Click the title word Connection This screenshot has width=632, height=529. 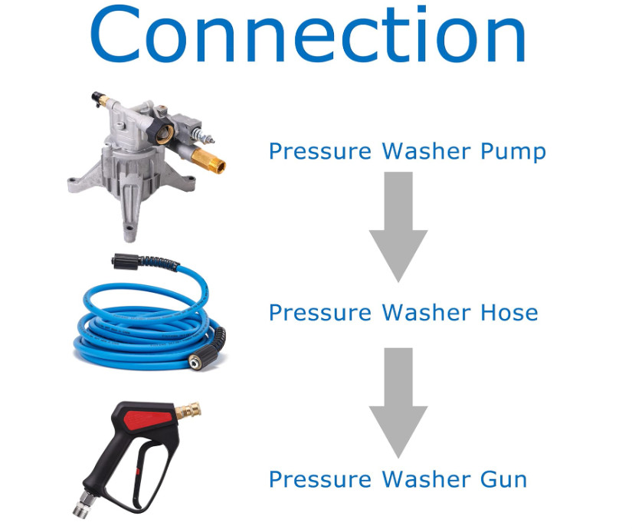tap(308, 34)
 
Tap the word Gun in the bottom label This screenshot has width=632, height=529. tap(504, 480)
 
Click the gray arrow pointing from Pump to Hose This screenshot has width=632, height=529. tap(398, 227)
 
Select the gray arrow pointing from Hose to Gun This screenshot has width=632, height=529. tap(398, 402)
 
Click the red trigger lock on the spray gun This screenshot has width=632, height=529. tap(149, 420)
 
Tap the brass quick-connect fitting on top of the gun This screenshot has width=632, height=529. tap(188, 411)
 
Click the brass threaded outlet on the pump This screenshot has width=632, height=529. tap(208, 159)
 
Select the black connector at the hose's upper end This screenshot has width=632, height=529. tap(126, 261)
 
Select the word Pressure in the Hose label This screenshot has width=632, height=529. tap(320, 313)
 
